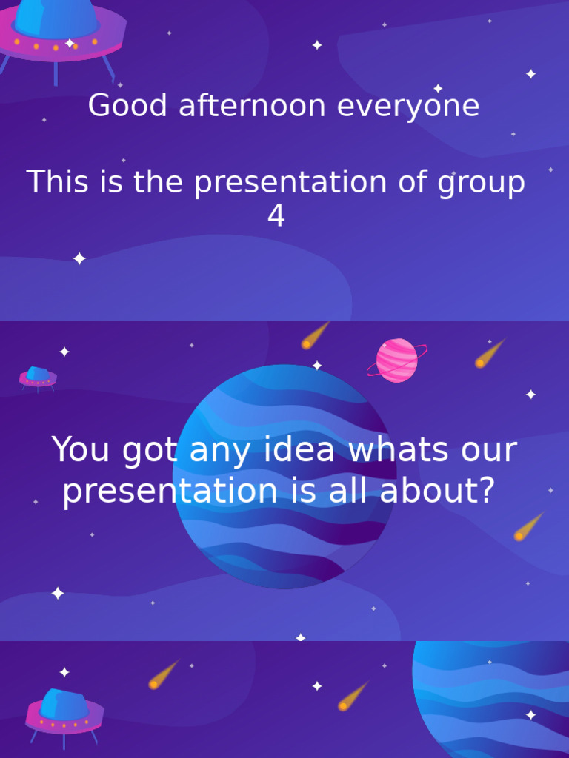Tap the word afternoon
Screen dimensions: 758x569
241,106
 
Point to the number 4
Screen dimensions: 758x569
276,217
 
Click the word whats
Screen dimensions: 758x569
399,450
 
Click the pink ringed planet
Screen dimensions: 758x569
397,360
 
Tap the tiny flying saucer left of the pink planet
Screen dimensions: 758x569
38,377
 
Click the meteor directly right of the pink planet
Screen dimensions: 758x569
488,354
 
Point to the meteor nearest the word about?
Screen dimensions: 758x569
528,526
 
